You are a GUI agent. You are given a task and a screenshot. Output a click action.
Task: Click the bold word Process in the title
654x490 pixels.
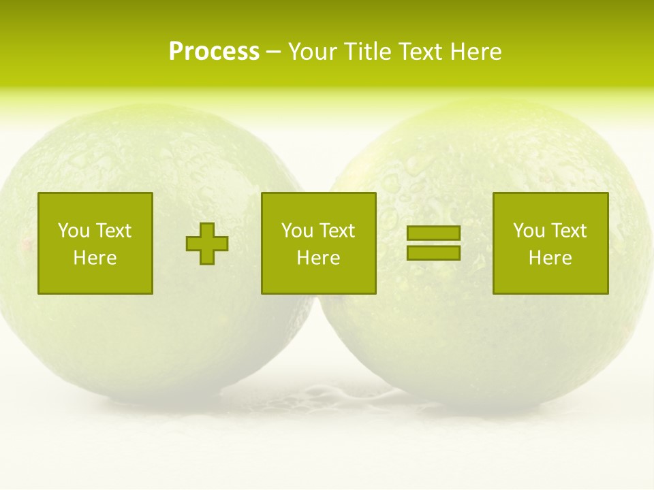coord(214,52)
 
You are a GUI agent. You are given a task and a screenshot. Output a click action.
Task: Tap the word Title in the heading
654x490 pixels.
coord(369,52)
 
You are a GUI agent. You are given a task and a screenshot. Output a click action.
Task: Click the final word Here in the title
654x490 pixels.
coord(476,52)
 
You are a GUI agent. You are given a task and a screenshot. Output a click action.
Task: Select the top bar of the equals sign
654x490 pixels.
coord(433,233)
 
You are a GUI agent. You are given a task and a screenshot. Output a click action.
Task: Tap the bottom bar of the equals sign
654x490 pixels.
coord(433,252)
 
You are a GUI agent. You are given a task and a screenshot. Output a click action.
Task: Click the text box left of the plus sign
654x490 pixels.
coord(95,243)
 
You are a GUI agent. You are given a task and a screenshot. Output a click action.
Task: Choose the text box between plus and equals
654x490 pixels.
coord(318,243)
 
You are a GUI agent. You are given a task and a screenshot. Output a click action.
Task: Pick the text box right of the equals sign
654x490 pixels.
coord(550,243)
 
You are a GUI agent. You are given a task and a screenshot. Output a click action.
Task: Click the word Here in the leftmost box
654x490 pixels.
coord(95,258)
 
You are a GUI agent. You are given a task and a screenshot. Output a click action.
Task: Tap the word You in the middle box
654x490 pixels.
coord(297,231)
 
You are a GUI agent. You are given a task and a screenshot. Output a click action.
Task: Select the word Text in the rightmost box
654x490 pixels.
coord(569,231)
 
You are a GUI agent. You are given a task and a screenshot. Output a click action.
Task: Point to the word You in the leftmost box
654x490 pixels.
coord(74,231)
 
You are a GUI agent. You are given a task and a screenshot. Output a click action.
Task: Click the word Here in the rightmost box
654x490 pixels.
coord(550,258)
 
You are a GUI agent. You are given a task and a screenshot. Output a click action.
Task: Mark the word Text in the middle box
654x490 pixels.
coord(337,231)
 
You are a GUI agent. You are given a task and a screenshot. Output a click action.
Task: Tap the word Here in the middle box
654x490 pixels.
coord(318,258)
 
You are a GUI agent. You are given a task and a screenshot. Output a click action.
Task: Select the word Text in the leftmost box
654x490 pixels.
coord(114,231)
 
